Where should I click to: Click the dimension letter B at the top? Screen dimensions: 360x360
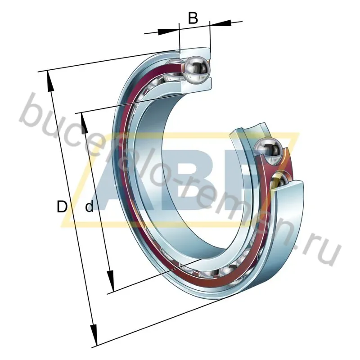pos(193,18)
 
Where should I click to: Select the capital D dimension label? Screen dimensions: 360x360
pos(62,207)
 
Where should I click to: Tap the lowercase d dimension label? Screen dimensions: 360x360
pos(90,207)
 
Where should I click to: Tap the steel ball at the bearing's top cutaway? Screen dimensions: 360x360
pos(196,69)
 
